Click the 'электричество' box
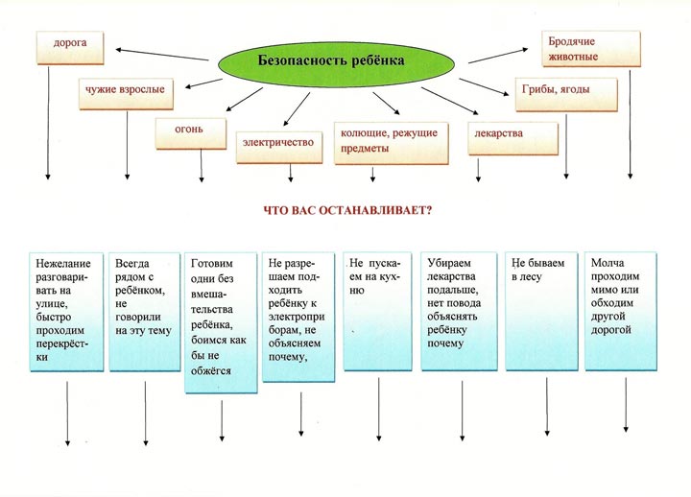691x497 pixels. tap(278, 142)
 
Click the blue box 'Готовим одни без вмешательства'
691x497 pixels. tap(222, 321)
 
